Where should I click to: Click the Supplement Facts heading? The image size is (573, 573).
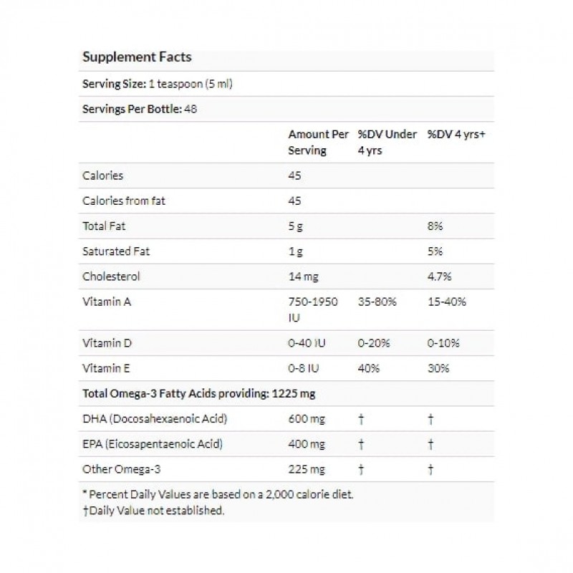137,57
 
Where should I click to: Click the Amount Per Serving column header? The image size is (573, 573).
318,143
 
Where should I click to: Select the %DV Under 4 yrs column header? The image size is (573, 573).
387,143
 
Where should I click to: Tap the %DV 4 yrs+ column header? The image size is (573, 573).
456,135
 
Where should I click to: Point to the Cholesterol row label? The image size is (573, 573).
111,276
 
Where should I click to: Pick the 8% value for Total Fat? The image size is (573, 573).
435,226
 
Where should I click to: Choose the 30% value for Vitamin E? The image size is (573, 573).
438,368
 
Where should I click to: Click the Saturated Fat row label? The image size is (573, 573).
117,251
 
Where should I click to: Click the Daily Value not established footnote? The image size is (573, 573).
154,510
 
